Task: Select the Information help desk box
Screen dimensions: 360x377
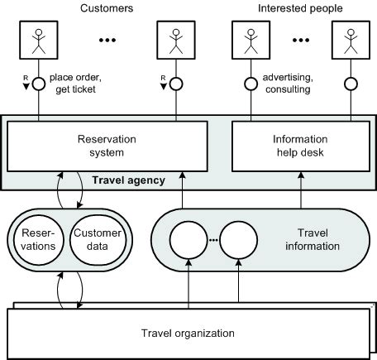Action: pos(298,146)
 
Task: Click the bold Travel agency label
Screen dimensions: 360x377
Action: pos(128,179)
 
